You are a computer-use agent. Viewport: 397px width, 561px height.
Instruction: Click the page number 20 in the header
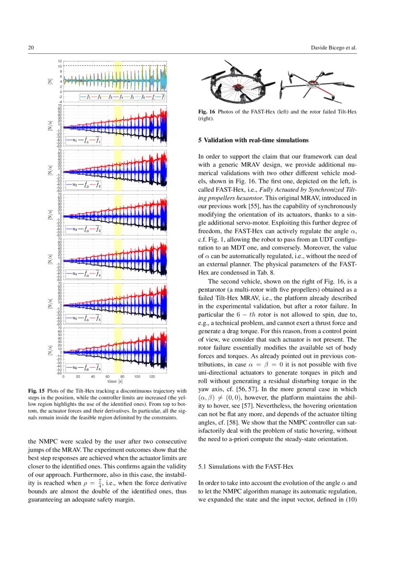(x=30, y=48)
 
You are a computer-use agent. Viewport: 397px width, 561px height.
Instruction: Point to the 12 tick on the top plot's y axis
(x=60, y=61)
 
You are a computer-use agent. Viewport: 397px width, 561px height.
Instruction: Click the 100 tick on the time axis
(x=137, y=377)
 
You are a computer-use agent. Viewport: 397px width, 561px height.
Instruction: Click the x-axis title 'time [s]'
(x=115, y=382)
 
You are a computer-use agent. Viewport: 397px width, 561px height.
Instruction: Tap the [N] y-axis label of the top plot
(x=50, y=81)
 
